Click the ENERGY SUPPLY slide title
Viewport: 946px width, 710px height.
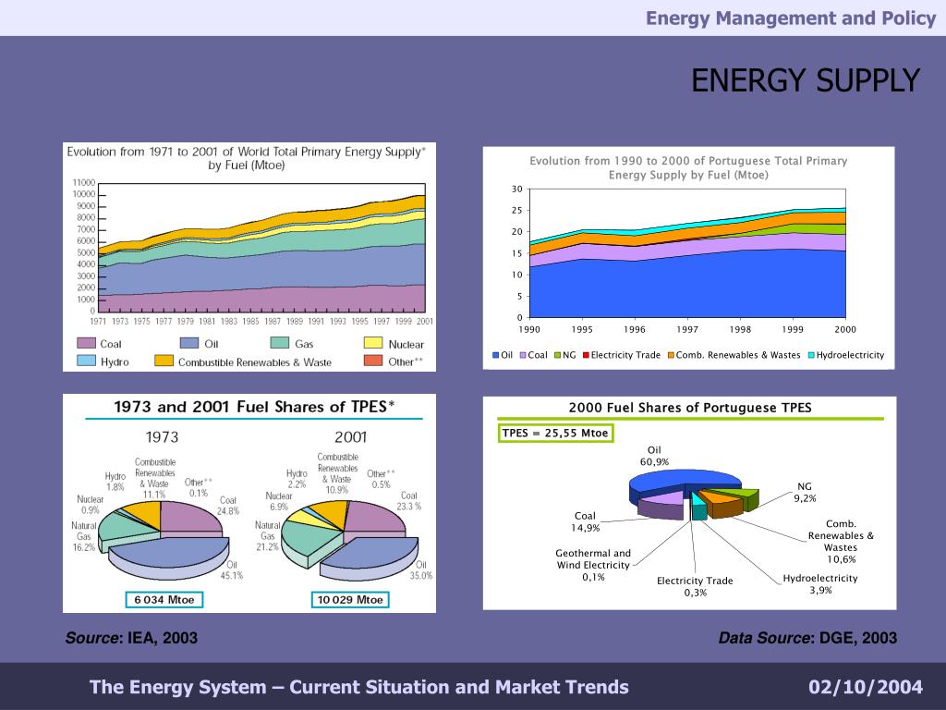806,81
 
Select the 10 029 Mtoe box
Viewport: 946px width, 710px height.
350,599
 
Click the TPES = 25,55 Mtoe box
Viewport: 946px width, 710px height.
556,434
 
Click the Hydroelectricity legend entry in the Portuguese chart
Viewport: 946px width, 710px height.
845,355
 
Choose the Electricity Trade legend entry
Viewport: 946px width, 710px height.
621,355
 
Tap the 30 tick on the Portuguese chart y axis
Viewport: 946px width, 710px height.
516,190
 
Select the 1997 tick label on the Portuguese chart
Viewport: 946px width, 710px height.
686,329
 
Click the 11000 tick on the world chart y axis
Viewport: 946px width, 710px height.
84,182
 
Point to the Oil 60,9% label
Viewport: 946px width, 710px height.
654,456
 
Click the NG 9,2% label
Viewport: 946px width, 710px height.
805,492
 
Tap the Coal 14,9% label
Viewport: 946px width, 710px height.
586,521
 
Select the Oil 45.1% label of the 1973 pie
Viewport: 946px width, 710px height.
231,569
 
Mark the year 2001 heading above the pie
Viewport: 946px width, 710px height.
350,437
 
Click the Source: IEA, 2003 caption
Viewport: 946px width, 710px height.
131,638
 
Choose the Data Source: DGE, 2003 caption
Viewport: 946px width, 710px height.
807,638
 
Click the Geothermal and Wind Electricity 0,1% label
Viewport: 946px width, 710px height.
593,565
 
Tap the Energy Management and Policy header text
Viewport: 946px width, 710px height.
790,18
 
